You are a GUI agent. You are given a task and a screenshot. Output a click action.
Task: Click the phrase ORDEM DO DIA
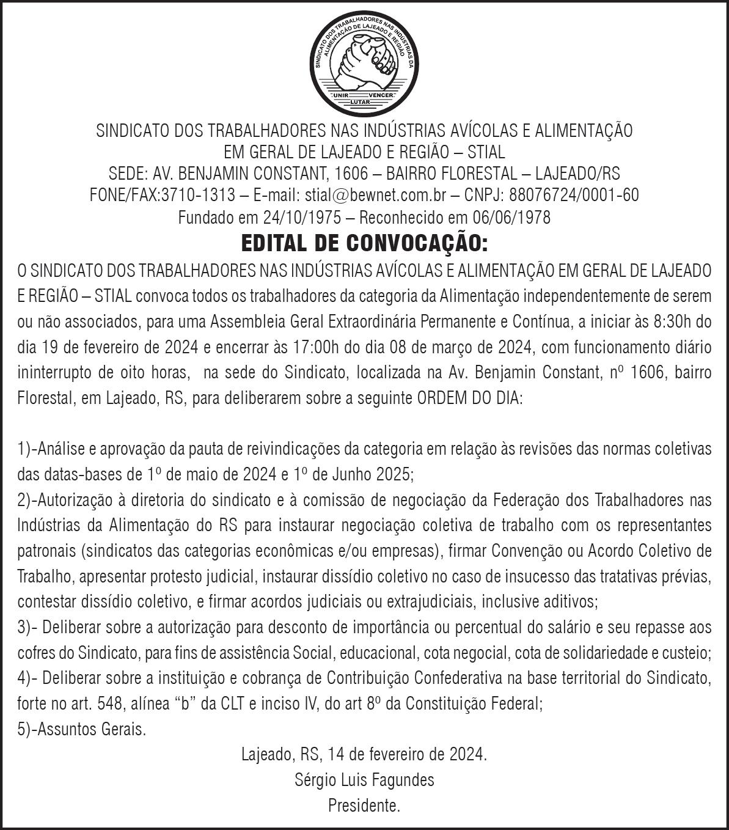tap(469, 399)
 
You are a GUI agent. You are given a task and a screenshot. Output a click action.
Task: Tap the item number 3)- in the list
tap(28, 627)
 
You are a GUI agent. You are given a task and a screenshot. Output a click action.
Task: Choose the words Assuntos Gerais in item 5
tap(92, 729)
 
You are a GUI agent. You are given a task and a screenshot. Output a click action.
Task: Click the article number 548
tap(109, 703)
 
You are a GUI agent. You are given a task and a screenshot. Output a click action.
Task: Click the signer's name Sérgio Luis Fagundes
tap(364, 780)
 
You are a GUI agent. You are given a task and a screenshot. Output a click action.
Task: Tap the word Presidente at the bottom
tap(364, 806)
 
